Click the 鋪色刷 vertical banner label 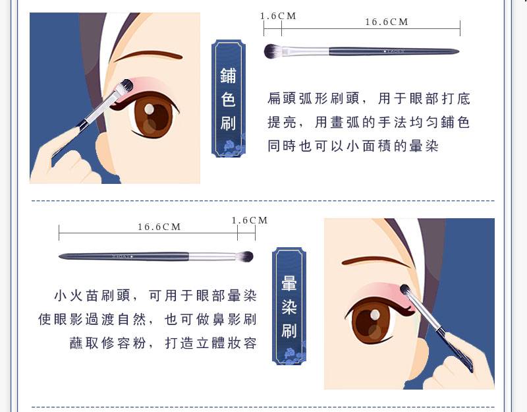click(x=229, y=98)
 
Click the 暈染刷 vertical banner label click(x=289, y=306)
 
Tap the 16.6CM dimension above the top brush click(x=387, y=22)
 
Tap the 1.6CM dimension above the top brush click(x=278, y=16)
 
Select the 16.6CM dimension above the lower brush click(x=159, y=227)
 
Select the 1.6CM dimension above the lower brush click(x=250, y=220)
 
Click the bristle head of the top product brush click(x=273, y=51)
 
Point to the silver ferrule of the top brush click(x=305, y=51)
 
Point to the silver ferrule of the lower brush click(x=212, y=256)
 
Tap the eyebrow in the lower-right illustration click(x=375, y=262)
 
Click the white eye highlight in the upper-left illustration click(x=150, y=109)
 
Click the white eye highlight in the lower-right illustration click(x=375, y=315)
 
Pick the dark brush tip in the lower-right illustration click(x=404, y=289)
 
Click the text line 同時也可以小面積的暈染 click(x=353, y=146)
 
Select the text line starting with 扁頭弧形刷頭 click(x=369, y=98)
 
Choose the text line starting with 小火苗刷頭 click(x=155, y=295)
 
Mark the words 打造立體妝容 click(x=211, y=343)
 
